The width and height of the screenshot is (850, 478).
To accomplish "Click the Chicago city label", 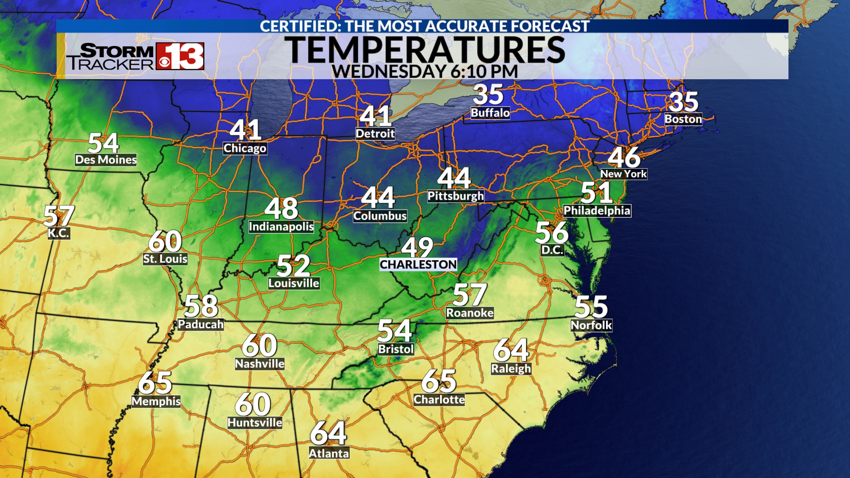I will pyautogui.click(x=245, y=148).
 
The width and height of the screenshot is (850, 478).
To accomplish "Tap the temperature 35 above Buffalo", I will pyautogui.click(x=488, y=94).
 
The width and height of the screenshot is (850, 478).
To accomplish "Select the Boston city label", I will pyautogui.click(x=683, y=119).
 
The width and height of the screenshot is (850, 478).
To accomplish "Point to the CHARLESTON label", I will pyautogui.click(x=418, y=264).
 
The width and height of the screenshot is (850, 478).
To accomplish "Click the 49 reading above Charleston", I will pyautogui.click(x=417, y=247).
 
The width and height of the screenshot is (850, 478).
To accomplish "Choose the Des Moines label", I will pyautogui.click(x=106, y=160).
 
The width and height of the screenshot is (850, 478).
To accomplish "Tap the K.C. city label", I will pyautogui.click(x=59, y=233).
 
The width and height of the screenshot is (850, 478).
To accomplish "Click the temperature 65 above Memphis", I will pyautogui.click(x=155, y=383).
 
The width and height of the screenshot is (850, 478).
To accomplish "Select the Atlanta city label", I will pyautogui.click(x=329, y=454).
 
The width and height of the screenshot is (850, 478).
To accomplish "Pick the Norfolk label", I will pyautogui.click(x=591, y=325).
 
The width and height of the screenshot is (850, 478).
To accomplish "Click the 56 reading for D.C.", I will pyautogui.click(x=552, y=232).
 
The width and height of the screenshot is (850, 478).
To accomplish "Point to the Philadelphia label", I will pyautogui.click(x=597, y=211).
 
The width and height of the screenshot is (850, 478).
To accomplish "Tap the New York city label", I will pyautogui.click(x=623, y=174).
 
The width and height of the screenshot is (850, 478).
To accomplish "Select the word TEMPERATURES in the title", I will pyautogui.click(x=425, y=50).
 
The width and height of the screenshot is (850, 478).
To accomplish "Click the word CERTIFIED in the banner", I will pyautogui.click(x=300, y=26).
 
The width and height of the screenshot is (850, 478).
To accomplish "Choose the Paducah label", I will pyautogui.click(x=201, y=324).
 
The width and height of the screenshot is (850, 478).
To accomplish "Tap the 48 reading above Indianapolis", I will pyautogui.click(x=282, y=208).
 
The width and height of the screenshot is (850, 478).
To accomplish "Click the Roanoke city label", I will pyautogui.click(x=469, y=313).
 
